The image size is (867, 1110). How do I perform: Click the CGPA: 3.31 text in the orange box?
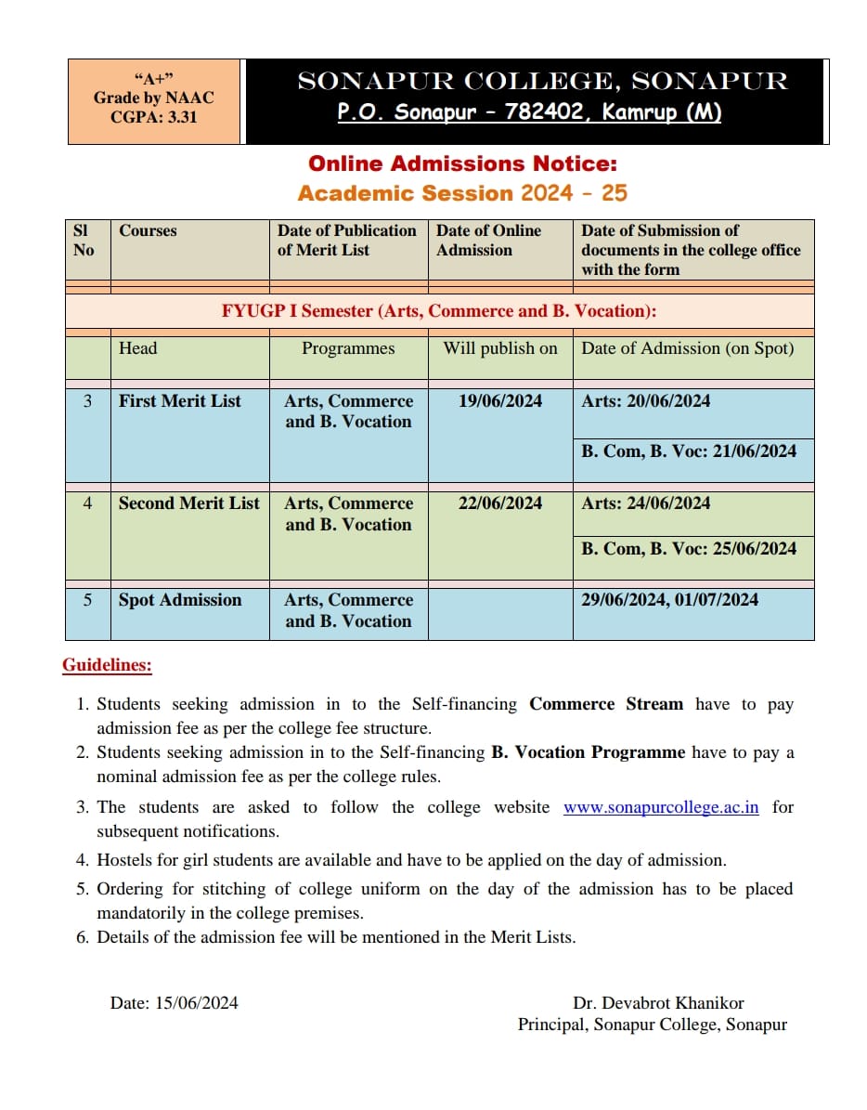click(154, 118)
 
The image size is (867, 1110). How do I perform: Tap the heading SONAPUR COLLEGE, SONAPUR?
click(542, 82)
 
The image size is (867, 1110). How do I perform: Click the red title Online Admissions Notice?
click(462, 164)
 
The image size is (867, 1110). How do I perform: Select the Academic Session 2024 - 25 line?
click(462, 193)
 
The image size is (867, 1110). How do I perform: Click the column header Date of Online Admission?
click(489, 240)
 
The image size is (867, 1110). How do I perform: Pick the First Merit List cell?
click(179, 401)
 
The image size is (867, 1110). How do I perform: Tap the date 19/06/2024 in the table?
click(500, 401)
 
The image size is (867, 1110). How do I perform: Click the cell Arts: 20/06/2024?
click(646, 401)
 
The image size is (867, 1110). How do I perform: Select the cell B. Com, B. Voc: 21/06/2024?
click(689, 451)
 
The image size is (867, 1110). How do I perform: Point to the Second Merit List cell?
click(188, 503)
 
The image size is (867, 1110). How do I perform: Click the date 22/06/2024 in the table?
click(500, 503)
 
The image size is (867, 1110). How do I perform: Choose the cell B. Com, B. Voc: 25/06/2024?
click(689, 549)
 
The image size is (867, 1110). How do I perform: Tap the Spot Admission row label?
click(179, 600)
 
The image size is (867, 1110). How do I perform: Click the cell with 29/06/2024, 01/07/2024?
click(670, 600)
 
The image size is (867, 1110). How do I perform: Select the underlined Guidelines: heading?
click(107, 665)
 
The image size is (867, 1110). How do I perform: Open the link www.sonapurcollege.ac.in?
click(661, 807)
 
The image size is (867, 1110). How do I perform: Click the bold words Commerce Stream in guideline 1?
click(606, 704)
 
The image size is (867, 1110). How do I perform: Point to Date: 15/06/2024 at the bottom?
click(174, 1002)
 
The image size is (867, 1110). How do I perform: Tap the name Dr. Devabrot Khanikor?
click(658, 1002)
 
